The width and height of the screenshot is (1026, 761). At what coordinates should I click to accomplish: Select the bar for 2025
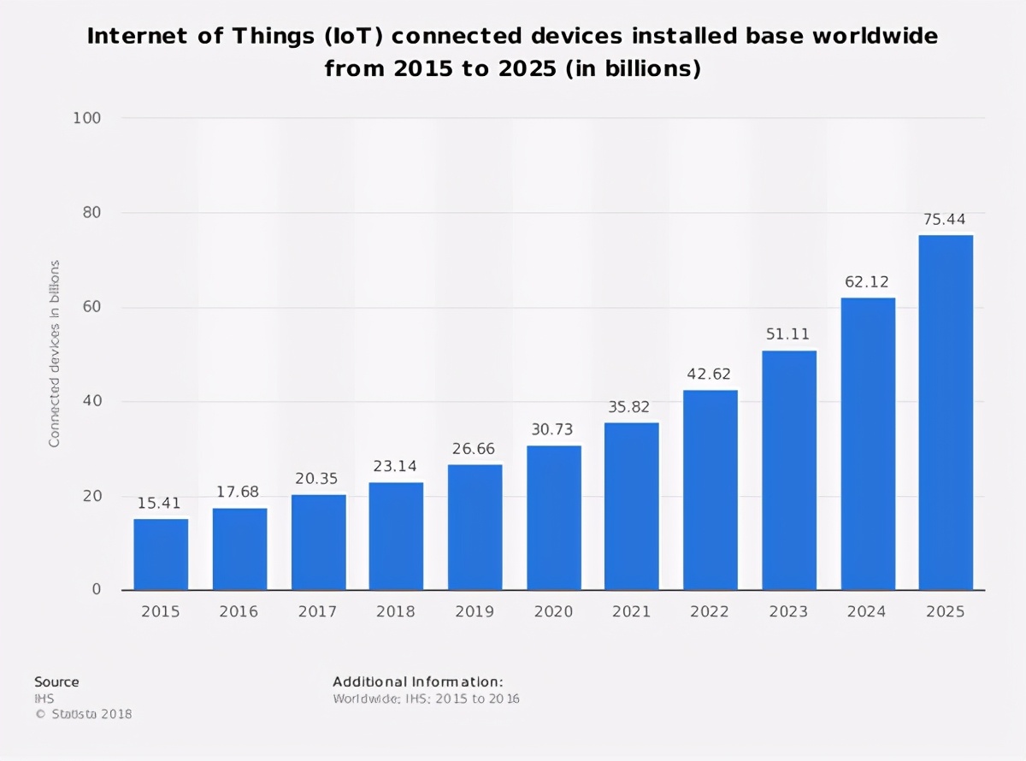point(946,413)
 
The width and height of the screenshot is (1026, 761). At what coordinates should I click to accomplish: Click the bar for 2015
point(161,554)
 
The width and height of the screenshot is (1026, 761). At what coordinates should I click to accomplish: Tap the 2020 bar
point(553,517)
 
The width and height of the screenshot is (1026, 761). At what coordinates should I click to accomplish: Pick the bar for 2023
point(789,470)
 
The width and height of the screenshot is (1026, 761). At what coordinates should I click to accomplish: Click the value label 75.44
point(944,220)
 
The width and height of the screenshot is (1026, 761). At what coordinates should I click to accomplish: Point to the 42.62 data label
point(710,374)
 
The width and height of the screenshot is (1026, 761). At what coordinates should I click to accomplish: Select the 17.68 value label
point(239,492)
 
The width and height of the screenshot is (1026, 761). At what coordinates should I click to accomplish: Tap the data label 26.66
point(475,449)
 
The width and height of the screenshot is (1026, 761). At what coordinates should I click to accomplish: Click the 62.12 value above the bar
point(867,281)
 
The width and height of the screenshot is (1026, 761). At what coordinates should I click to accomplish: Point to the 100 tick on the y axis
point(88,118)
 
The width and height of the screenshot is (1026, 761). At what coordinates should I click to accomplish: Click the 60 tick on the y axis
point(91,307)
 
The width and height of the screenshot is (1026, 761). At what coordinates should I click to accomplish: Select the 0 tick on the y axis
point(97,589)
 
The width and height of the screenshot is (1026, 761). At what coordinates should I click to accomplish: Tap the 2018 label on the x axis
point(396,612)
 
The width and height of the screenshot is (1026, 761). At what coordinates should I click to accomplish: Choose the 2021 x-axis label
point(631,612)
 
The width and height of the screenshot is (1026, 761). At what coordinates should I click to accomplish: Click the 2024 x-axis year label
point(867,612)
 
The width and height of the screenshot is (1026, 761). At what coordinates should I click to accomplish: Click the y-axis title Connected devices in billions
point(55,354)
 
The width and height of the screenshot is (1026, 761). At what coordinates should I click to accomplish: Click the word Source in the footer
point(56,681)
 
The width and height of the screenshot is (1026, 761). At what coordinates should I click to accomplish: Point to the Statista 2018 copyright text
point(83,714)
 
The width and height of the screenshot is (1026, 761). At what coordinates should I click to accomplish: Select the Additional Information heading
point(417,681)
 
